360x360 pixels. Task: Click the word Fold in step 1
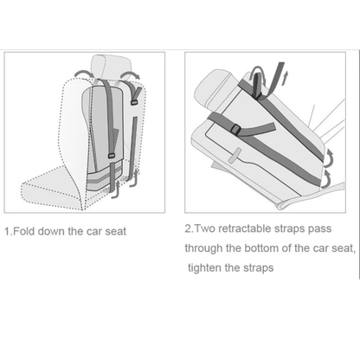tap(24, 231)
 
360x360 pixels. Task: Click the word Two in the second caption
tap(204, 228)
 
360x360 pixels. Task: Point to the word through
tap(204, 248)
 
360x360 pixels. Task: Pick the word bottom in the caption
tap(261, 248)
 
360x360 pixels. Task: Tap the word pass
tap(319, 229)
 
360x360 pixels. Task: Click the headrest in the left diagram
tap(109, 66)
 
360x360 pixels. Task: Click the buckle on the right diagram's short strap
tap(235, 129)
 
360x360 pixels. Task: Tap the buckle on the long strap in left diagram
tap(112, 156)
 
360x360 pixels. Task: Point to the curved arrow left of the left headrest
tap(81, 73)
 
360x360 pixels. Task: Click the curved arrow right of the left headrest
tap(130, 74)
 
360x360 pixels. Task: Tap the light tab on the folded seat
tap(236, 155)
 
